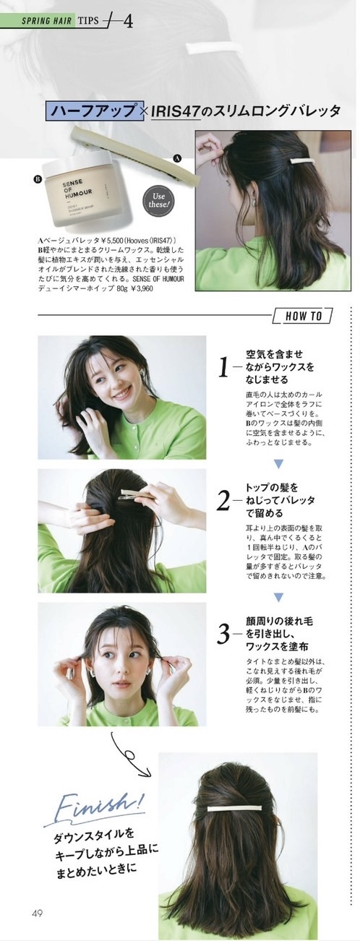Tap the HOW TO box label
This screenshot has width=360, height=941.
click(303, 316)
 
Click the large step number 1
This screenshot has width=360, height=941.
click(225, 368)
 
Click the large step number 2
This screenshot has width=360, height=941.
click(224, 499)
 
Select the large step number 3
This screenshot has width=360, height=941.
click(224, 634)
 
